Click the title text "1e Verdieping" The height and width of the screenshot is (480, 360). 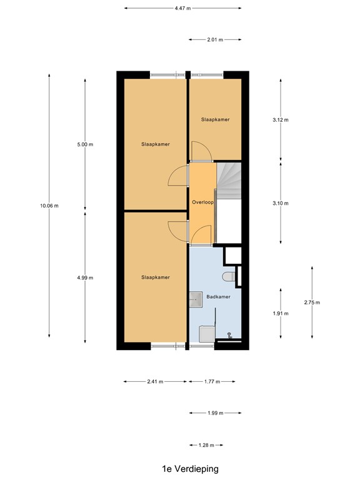(181, 468)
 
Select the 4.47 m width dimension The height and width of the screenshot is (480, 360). (182, 8)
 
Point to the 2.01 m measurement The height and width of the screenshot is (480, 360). (214, 39)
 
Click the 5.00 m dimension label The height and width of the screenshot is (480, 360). (85, 144)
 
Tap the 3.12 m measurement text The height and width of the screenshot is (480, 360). (280, 120)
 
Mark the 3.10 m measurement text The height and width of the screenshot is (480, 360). (280, 203)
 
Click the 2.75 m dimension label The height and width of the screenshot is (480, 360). (311, 302)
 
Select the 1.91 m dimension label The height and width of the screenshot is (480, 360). (280, 314)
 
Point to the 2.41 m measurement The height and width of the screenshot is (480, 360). (155, 381)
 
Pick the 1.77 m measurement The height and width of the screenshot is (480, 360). (213, 381)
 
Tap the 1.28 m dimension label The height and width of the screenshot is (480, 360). (206, 445)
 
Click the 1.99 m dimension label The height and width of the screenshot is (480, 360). (214, 413)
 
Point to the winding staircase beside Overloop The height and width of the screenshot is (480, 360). (229, 179)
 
